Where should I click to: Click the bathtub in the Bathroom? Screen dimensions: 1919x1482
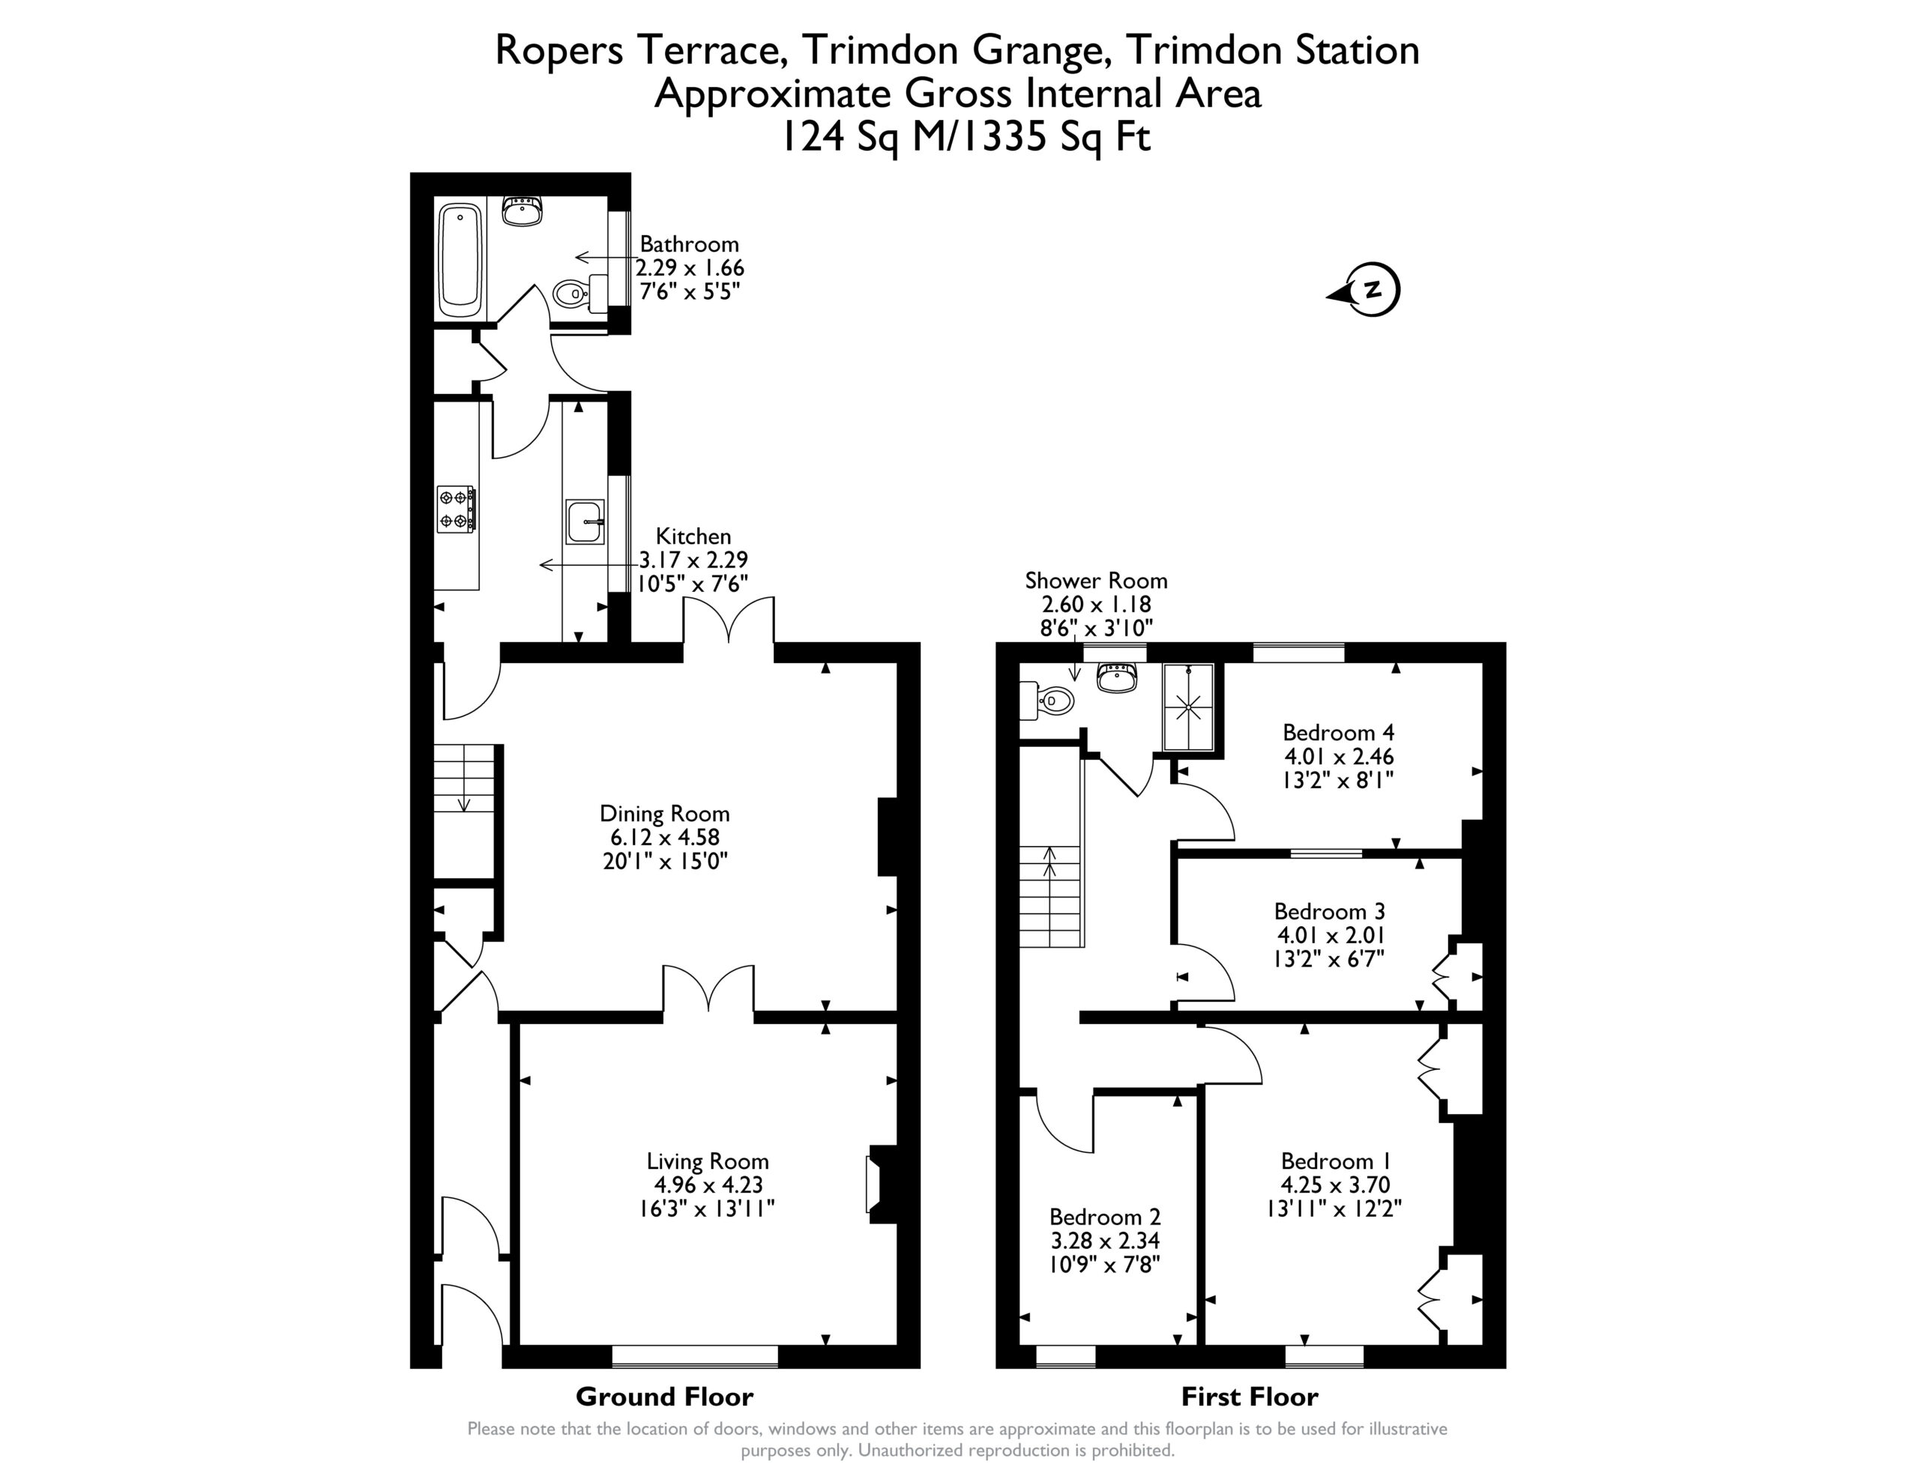pos(460,261)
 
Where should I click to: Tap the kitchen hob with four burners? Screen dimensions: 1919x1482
pos(457,509)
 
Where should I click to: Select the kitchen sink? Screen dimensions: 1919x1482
pos(584,521)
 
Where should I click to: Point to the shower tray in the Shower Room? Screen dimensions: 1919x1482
pos(1189,707)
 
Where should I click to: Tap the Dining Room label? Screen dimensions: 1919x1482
pos(664,814)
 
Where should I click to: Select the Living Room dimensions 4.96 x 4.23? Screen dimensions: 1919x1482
pos(708,1185)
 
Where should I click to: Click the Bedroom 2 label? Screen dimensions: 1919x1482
pos(1106,1217)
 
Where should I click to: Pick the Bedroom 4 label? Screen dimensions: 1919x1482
pos(1338,733)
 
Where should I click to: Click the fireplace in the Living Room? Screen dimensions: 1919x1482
pos(882,1185)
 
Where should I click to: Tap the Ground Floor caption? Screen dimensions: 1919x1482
pos(664,1397)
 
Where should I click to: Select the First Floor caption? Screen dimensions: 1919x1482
pos(1250,1397)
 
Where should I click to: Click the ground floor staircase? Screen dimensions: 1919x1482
pos(464,811)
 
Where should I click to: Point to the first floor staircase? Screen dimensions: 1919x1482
pos(1050,896)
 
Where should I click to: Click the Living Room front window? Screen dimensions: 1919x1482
pos(695,1356)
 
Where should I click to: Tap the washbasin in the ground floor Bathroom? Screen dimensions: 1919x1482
pos(522,211)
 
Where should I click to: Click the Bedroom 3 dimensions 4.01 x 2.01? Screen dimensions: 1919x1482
pos(1328,935)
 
